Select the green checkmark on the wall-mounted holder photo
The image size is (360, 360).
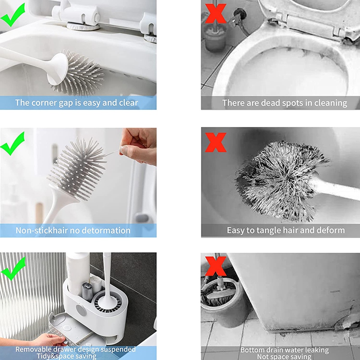point(13,268)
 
